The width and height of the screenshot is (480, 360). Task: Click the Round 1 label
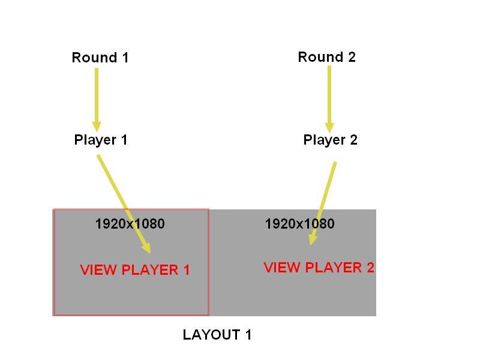click(x=100, y=58)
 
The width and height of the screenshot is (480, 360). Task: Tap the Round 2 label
click(x=327, y=58)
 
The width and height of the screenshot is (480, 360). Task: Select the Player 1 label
click(x=101, y=140)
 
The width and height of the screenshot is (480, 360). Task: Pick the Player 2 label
click(x=331, y=140)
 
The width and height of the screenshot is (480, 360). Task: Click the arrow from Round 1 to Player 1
click(x=96, y=96)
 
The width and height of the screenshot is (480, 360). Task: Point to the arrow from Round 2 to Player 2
click(x=329, y=96)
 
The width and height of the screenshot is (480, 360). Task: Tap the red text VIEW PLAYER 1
click(x=135, y=270)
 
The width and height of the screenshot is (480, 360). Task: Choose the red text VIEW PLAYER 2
click(x=319, y=268)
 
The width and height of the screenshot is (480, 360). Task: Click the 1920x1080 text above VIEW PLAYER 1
click(x=130, y=224)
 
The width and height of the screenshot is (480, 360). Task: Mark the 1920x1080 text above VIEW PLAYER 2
click(x=300, y=224)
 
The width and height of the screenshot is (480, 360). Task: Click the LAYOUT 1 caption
click(x=217, y=335)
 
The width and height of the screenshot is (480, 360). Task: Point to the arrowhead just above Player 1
click(x=96, y=126)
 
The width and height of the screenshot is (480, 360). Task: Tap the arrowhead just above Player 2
click(x=329, y=127)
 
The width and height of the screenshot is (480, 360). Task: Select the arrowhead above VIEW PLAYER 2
click(x=312, y=239)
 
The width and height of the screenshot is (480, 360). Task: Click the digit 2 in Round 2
click(x=351, y=58)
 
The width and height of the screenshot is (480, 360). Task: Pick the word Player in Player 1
click(x=95, y=140)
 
